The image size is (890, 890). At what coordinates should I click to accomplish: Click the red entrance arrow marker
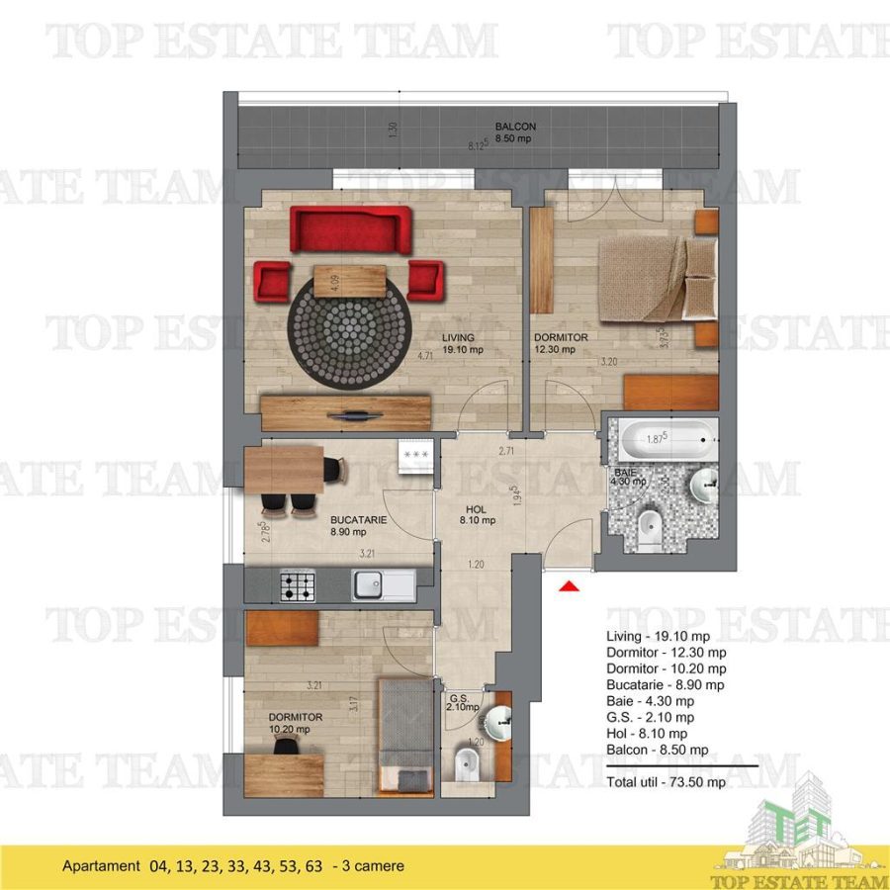(x=569, y=588)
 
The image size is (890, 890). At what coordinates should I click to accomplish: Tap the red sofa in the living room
(x=350, y=229)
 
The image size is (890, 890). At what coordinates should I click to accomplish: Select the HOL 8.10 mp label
(x=481, y=516)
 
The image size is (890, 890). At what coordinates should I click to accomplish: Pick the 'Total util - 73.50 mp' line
(x=665, y=781)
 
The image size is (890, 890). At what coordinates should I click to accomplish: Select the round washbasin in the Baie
(x=704, y=486)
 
